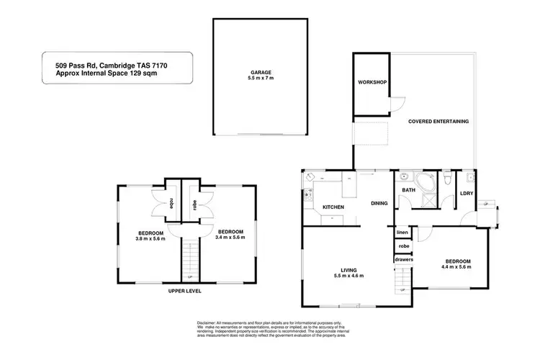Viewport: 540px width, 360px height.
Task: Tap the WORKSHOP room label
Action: tap(372, 83)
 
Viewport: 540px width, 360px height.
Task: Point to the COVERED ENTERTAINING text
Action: tap(438, 122)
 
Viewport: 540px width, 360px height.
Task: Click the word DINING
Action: tap(379, 204)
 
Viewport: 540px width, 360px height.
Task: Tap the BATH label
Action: tap(408, 190)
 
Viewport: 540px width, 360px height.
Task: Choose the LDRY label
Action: tap(466, 194)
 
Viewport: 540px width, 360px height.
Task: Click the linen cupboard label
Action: tap(403, 232)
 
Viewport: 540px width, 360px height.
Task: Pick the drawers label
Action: tap(402, 259)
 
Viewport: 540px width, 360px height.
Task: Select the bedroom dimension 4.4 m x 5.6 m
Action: tap(457, 267)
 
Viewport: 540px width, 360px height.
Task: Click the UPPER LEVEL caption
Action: tap(185, 291)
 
